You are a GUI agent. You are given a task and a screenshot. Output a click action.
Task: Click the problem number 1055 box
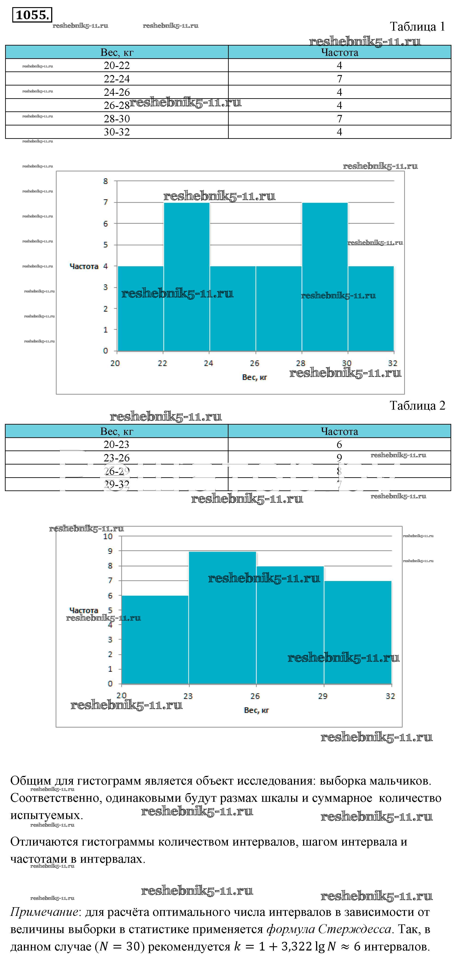(32, 15)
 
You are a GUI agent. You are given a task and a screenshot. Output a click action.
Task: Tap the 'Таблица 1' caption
(417, 27)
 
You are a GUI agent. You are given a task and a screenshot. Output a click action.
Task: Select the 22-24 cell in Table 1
(117, 79)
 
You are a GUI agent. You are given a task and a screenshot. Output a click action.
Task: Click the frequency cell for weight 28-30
(339, 119)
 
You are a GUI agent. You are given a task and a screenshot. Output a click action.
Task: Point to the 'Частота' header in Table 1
(339, 52)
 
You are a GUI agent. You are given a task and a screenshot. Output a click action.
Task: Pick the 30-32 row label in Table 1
(117, 132)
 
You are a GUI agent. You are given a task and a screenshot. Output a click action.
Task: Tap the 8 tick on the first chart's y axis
(105, 181)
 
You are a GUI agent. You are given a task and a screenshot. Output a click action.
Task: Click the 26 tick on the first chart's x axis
(255, 363)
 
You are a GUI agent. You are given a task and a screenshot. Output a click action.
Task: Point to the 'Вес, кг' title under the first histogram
(254, 377)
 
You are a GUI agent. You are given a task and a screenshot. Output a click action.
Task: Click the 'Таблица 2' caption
(417, 406)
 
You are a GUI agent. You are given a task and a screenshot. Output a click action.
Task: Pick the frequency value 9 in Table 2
(339, 458)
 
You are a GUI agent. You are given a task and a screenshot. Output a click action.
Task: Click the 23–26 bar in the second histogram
(222, 618)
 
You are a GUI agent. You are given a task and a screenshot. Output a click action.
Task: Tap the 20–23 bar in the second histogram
(155, 641)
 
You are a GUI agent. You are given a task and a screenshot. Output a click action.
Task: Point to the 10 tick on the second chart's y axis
(108, 536)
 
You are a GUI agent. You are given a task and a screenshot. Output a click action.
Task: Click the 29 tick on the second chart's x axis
(323, 696)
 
